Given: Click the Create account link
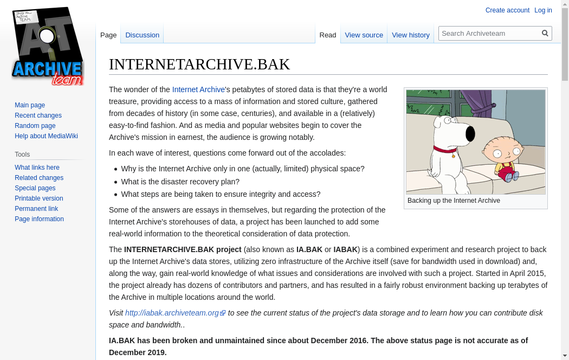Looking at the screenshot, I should pos(507,10).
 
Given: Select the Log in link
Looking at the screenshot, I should pos(543,10).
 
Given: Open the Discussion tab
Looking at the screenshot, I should pos(142,35).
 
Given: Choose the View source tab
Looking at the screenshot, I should pos(364,35).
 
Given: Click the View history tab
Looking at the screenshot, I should pos(410,35).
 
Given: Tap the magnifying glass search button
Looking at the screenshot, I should pos(545,33).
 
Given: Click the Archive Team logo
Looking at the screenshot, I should pos(48,47).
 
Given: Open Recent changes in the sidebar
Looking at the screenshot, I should pos(38,115).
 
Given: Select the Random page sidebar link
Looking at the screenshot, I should pos(35,126).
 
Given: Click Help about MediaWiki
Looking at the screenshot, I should pos(46,136).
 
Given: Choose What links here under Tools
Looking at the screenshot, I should pos(37,168).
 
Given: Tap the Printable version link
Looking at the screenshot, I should pos(38,198).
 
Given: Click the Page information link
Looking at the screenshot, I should pos(39,219).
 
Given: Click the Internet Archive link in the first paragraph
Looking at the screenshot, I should pos(198,89).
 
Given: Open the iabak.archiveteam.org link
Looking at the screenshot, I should pos(172,313).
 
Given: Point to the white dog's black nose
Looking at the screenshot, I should pos(470,133).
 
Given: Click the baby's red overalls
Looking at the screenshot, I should pos(506,172).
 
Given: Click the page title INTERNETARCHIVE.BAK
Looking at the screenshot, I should pos(199,64).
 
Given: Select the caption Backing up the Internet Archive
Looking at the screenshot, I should pos(454,201).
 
